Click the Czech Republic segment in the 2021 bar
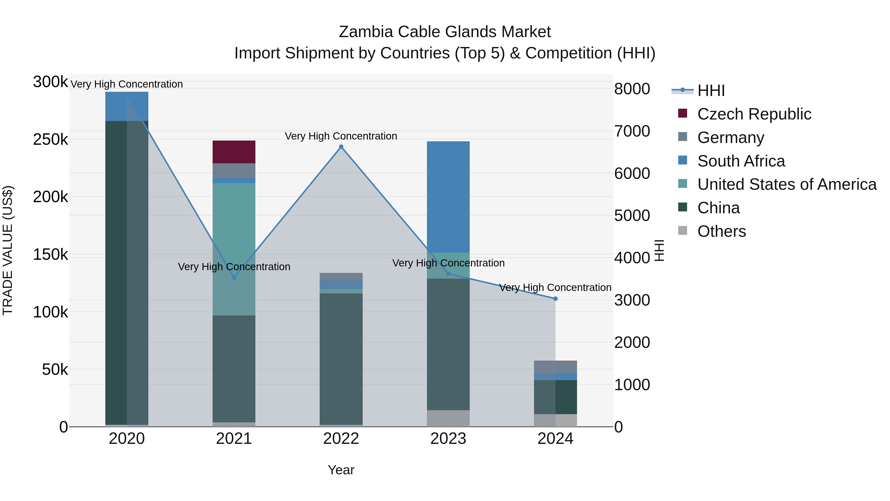point(234,152)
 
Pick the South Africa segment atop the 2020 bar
point(127,106)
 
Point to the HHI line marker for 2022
point(341,147)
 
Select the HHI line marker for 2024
point(555,298)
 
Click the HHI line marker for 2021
point(234,278)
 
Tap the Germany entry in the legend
point(730,138)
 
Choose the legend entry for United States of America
point(786,184)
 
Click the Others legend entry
point(721,231)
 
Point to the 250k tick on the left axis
point(50,140)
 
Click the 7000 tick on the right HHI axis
point(632,131)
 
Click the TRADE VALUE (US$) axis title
point(8,250)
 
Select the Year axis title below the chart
point(341,470)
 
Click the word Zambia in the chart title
point(366,32)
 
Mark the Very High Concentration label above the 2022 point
point(341,136)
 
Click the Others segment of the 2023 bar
point(448,418)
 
